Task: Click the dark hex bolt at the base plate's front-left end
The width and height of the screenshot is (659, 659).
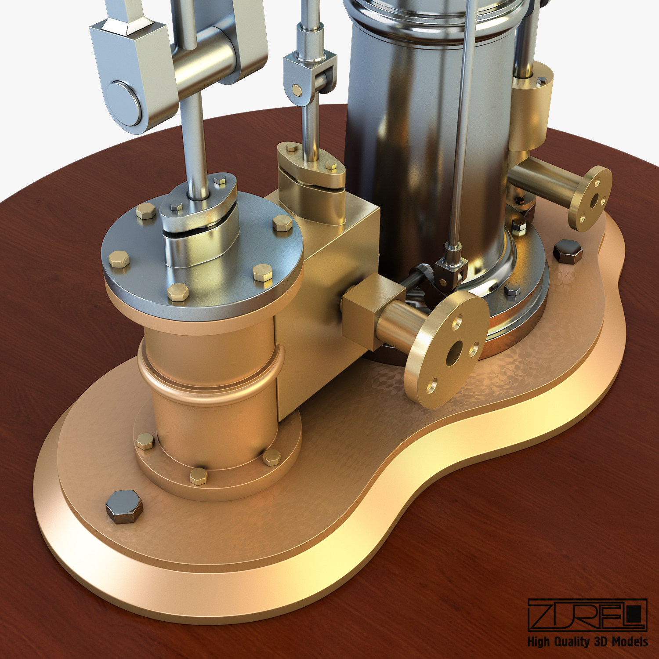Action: tap(124, 507)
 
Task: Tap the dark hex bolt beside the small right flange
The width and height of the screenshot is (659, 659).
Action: tap(568, 251)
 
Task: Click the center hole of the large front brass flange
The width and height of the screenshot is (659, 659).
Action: tap(454, 353)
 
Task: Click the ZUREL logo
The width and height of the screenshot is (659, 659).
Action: tap(587, 615)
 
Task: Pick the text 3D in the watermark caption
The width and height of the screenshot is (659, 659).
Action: tap(602, 641)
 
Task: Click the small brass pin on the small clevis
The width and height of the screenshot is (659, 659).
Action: tap(298, 90)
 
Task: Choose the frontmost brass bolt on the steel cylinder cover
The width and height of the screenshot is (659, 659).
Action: tap(178, 292)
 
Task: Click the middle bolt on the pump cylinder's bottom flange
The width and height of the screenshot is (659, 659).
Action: tap(199, 476)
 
